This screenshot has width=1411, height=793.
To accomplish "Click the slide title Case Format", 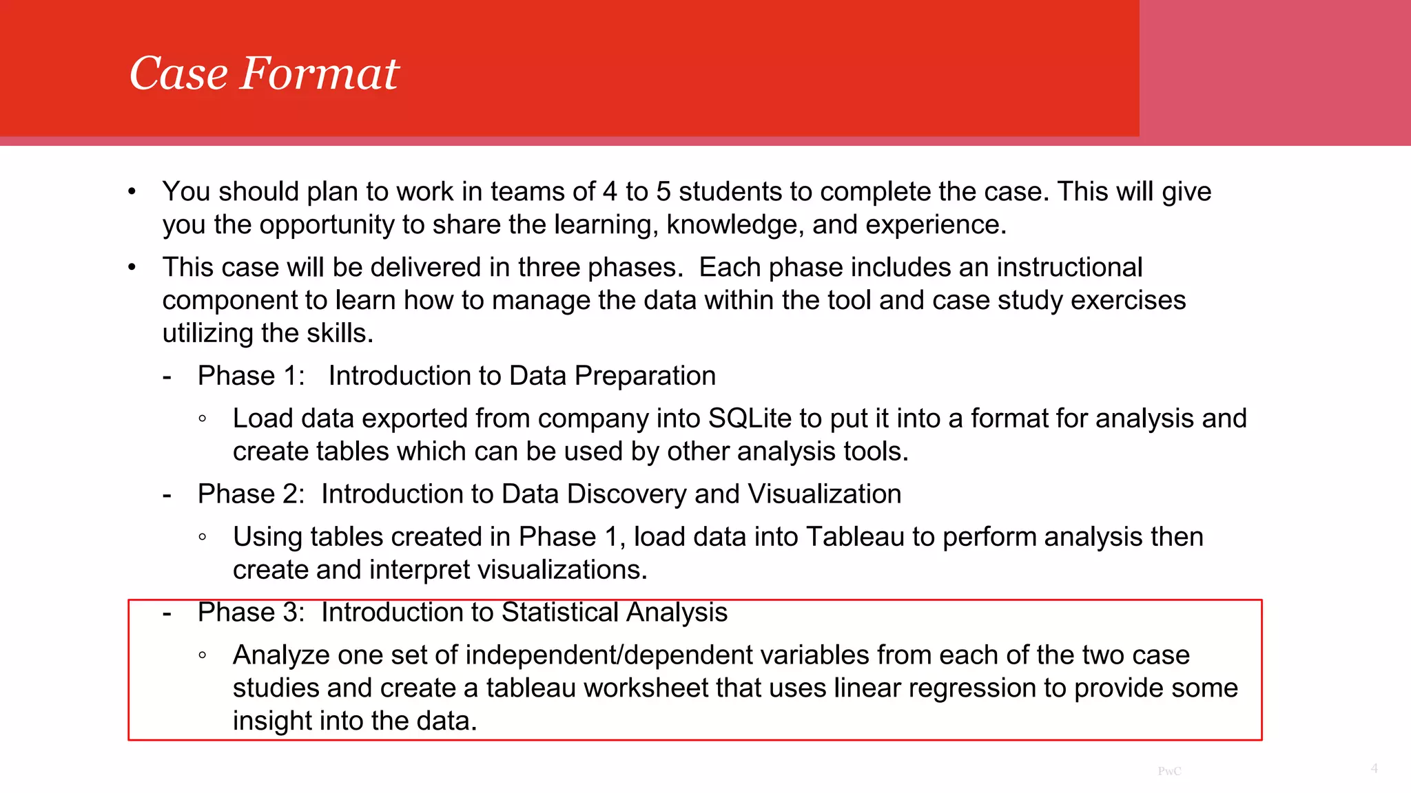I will pyautogui.click(x=264, y=73).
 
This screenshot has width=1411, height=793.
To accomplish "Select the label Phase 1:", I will pyautogui.click(x=251, y=376).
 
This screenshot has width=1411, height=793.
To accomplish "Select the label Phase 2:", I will pyautogui.click(x=251, y=494).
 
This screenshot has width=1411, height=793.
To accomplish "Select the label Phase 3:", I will pyautogui.click(x=251, y=613).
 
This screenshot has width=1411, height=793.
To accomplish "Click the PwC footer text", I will pyautogui.click(x=1169, y=771).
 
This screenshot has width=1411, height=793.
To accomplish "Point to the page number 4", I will pyautogui.click(x=1374, y=768).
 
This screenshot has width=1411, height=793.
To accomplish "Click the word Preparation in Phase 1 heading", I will pyautogui.click(x=645, y=376).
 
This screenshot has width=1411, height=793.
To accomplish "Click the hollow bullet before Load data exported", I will pyautogui.click(x=202, y=419).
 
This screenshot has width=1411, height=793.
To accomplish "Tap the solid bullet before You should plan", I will pyautogui.click(x=132, y=192).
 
